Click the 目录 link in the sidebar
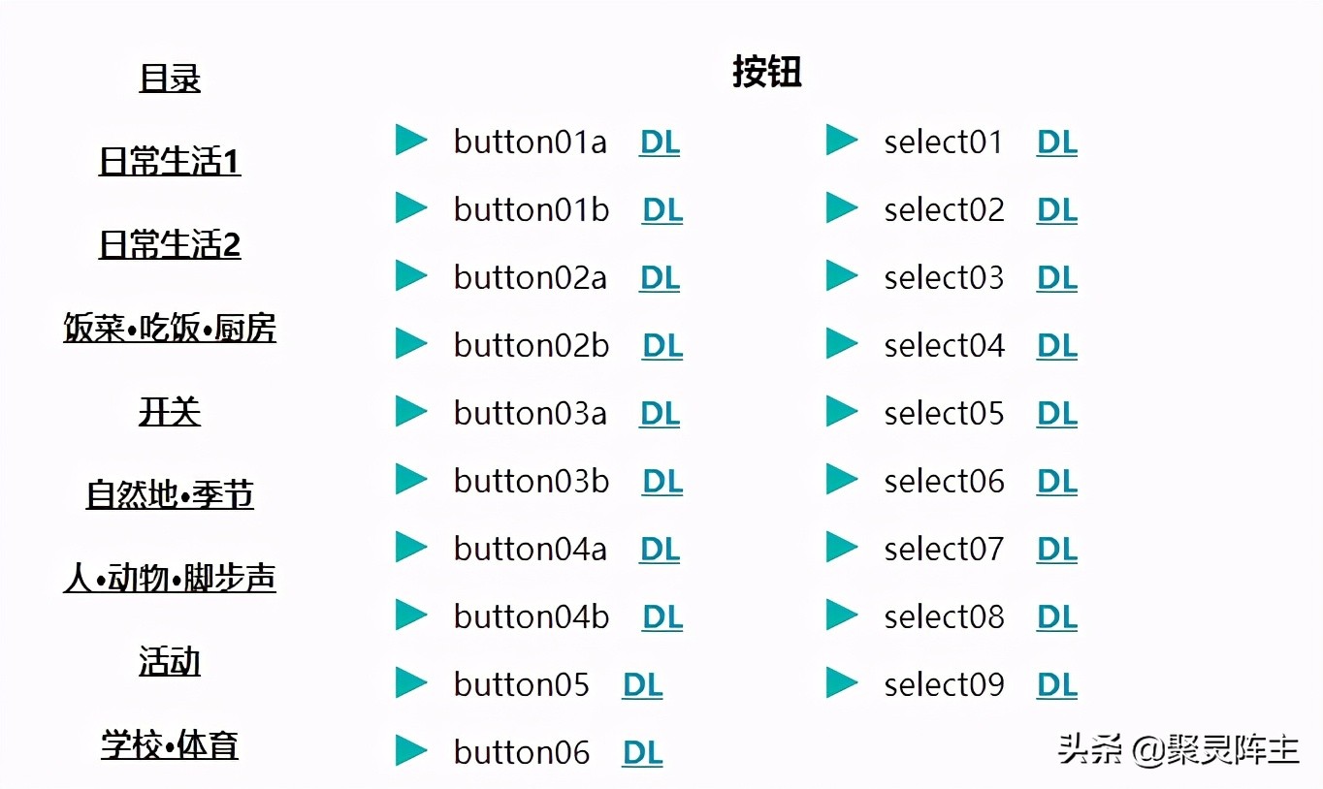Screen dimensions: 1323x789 point(170,78)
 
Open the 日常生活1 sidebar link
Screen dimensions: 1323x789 point(170,161)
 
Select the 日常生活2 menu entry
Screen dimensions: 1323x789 point(170,244)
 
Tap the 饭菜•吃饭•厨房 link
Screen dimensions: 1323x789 point(170,328)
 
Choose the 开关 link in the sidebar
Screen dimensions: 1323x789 point(170,411)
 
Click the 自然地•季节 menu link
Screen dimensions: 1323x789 point(170,494)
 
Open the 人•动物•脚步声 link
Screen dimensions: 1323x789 point(170,578)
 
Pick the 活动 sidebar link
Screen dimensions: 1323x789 point(170,661)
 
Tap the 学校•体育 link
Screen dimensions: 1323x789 point(170,744)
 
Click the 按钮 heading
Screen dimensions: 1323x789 point(766,72)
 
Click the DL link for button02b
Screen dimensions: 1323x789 point(662,346)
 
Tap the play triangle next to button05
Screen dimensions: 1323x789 point(411,682)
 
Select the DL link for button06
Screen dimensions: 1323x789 point(643,753)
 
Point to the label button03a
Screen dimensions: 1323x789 point(531,413)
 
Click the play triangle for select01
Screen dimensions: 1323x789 point(842,140)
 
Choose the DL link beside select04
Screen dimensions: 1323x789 point(1057,346)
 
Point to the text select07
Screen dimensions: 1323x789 point(944,549)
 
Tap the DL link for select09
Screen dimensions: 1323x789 point(1057,685)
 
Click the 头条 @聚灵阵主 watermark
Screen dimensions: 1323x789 point(1178,749)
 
